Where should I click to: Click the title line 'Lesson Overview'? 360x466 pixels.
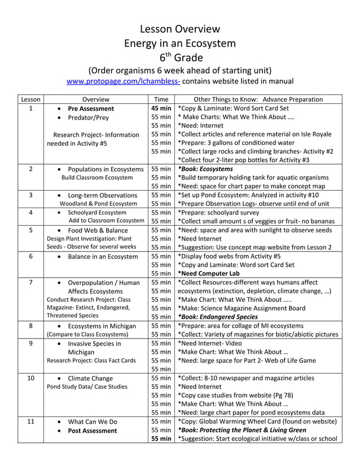(x=179, y=29)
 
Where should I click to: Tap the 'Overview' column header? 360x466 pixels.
(x=95, y=99)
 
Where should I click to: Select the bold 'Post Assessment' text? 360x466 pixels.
(x=93, y=430)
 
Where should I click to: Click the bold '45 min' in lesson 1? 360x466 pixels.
(x=161, y=108)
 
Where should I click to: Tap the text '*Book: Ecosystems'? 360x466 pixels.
(x=205, y=169)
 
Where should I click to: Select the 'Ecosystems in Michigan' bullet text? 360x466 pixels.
(x=102, y=326)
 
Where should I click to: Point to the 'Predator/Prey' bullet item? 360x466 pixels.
(x=89, y=118)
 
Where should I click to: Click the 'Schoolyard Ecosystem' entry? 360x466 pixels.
(x=97, y=212)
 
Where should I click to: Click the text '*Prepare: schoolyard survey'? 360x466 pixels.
(x=223, y=212)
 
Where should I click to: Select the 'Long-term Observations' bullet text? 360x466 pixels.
(x=103, y=195)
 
